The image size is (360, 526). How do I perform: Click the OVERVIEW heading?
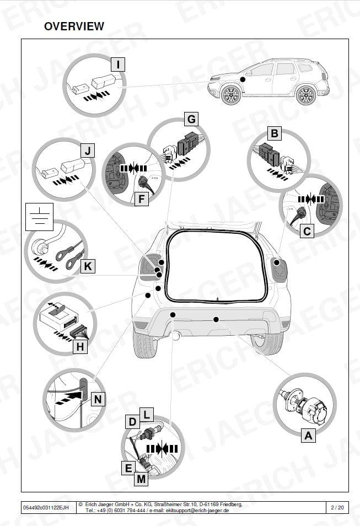[74, 26]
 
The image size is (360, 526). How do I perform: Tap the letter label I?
[118, 65]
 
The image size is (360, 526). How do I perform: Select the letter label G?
[191, 119]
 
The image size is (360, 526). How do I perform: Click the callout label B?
[275, 133]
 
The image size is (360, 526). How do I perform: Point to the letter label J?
[88, 151]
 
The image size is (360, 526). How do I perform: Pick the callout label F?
[142, 199]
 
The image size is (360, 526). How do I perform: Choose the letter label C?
[307, 231]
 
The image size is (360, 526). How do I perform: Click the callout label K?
[88, 266]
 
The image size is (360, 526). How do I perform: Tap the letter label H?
[80, 346]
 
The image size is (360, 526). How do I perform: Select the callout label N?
[98, 399]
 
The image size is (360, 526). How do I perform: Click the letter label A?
[308, 436]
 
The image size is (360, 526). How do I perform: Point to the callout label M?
[142, 479]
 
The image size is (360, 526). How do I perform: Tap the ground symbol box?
[40, 217]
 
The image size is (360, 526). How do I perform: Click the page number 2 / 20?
[337, 508]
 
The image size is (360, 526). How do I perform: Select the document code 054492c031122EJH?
[46, 508]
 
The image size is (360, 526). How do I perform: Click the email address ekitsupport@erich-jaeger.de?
[197, 511]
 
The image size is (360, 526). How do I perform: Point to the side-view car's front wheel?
[231, 95]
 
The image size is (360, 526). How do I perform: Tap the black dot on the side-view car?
[243, 79]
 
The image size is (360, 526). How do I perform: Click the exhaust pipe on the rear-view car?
[176, 336]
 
